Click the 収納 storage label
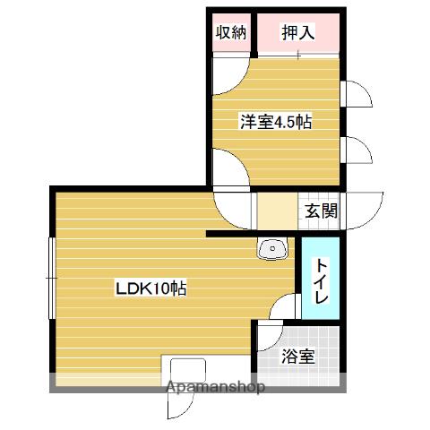pyautogui.click(x=231, y=33)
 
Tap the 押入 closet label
pyautogui.click(x=298, y=33)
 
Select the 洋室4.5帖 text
pyautogui.click(x=275, y=123)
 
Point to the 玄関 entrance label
pyautogui.click(x=320, y=212)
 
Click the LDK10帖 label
pyautogui.click(x=150, y=289)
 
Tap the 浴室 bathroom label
pyautogui.click(x=297, y=357)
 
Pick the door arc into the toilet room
pyautogui.click(x=285, y=307)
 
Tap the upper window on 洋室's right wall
pyautogui.click(x=356, y=94)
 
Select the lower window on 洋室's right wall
pyautogui.click(x=357, y=150)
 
